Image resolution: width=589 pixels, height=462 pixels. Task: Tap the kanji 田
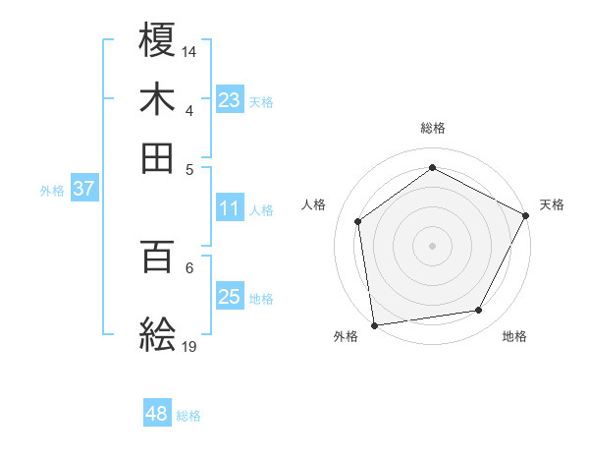tap(158, 156)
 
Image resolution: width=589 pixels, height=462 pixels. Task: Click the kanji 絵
tap(158, 334)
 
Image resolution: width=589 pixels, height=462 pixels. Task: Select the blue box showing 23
tap(229, 100)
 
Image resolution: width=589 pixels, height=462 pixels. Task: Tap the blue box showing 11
tap(229, 208)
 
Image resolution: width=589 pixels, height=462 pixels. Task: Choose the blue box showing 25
tap(229, 297)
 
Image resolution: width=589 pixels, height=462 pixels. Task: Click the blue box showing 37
tap(83, 190)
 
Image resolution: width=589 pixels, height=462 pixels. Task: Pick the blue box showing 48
tap(156, 414)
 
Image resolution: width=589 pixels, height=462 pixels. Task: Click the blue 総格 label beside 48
tap(188, 416)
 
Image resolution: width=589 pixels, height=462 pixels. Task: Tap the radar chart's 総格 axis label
tap(433, 128)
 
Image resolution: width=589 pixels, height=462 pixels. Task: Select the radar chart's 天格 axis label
tap(552, 204)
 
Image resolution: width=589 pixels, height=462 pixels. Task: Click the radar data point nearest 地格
tap(479, 311)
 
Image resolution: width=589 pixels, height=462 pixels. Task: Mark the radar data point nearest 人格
tap(358, 221)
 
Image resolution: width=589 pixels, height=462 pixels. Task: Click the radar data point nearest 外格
tap(374, 324)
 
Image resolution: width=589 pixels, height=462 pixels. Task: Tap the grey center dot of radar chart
tap(433, 245)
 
